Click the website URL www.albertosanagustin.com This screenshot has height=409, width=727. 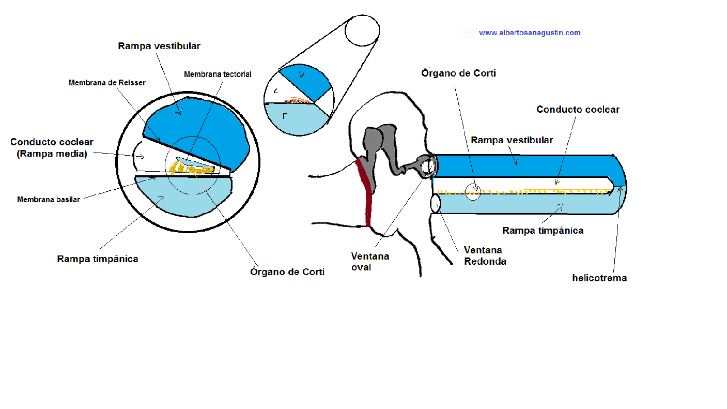click(530, 33)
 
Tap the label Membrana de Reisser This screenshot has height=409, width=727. click(107, 83)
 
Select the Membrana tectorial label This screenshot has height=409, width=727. click(218, 74)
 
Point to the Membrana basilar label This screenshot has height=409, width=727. click(49, 200)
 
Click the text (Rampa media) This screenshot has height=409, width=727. click(52, 154)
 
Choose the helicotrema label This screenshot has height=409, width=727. click(599, 278)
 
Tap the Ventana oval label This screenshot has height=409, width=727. click(370, 262)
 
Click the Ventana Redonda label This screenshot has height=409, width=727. click(485, 256)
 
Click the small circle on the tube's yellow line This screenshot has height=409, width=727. click(474, 192)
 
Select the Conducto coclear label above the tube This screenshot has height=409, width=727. click(578, 110)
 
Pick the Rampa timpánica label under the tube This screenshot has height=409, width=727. click(543, 231)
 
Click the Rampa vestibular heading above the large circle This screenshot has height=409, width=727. click(159, 46)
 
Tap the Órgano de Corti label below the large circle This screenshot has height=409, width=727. click(287, 272)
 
